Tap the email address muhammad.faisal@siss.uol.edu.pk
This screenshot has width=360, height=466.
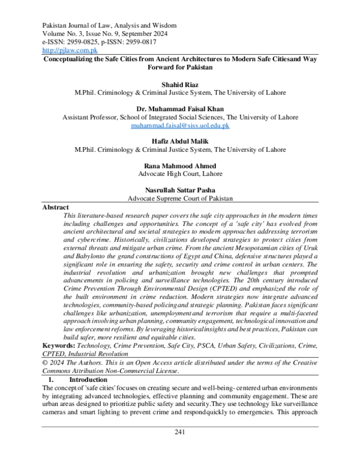click(180, 127)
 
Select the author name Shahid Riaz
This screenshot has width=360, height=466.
click(180, 85)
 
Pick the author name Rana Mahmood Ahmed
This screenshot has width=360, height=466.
click(180, 165)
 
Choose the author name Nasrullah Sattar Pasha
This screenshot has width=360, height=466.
click(180, 190)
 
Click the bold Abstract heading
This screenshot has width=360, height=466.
click(56, 207)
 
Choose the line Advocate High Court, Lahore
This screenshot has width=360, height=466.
click(180, 174)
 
